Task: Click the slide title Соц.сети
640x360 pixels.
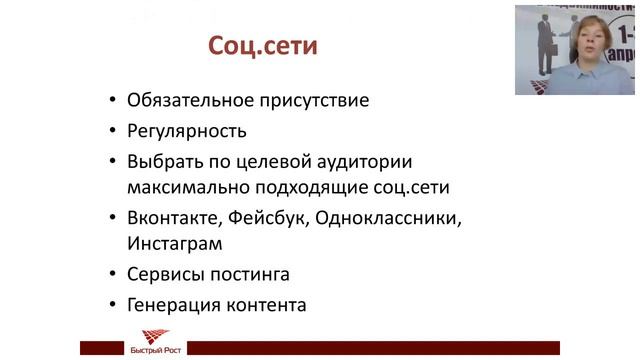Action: coord(262,47)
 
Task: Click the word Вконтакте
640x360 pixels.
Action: coord(171,217)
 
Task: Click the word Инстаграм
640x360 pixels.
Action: coord(174,244)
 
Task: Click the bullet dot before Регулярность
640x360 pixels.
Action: coord(112,132)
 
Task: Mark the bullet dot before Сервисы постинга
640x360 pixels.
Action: coord(112,275)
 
